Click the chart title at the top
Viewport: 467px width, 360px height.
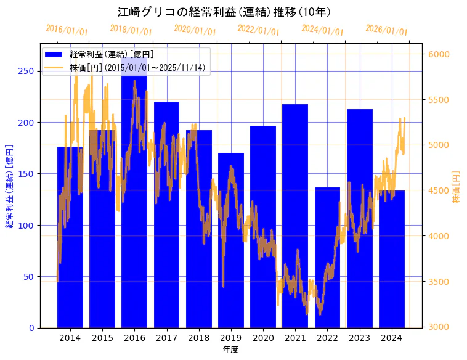[224, 12]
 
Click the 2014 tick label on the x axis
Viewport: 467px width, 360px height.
[70, 338]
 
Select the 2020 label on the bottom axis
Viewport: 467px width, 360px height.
[263, 338]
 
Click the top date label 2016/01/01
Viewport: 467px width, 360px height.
[67, 30]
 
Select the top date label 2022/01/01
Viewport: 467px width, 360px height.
[258, 30]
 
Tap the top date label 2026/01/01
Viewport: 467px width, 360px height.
[386, 30]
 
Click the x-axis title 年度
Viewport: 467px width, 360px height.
[231, 350]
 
